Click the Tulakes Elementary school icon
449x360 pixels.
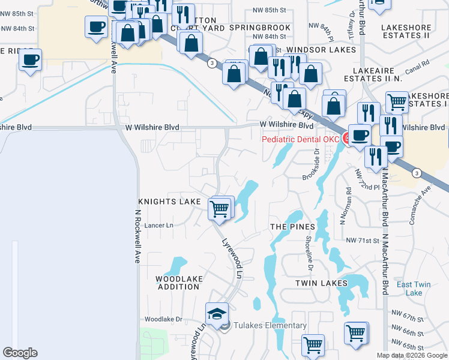pyautogui.click(x=217, y=313)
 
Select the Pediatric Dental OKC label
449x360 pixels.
pyautogui.click(x=301, y=139)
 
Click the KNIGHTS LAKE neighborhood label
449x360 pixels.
pyautogui.click(x=170, y=202)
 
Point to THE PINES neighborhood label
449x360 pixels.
pyautogui.click(x=292, y=226)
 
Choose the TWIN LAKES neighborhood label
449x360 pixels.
pyautogui.click(x=321, y=283)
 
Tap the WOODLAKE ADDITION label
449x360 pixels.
pyautogui.click(x=178, y=283)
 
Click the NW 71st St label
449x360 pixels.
pyautogui.click(x=364, y=240)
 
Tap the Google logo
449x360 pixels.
pyautogui.click(x=20, y=353)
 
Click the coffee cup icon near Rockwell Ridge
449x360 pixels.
pyautogui.click(x=29, y=60)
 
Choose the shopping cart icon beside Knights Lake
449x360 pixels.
pyautogui.click(x=220, y=209)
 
